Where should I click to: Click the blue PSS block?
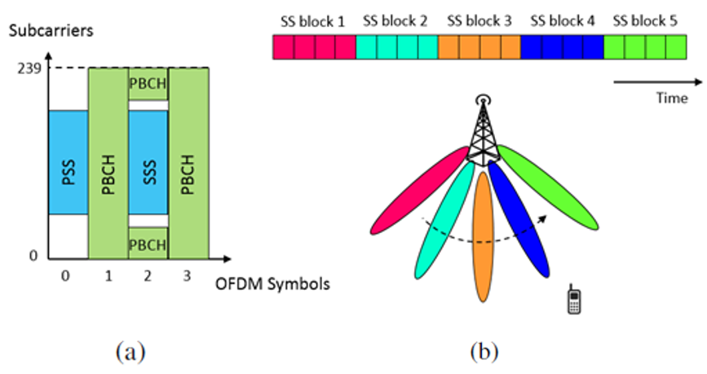(x=68, y=162)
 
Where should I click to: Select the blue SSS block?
(x=148, y=162)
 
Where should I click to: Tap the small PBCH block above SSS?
(x=148, y=85)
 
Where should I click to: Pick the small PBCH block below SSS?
(x=148, y=242)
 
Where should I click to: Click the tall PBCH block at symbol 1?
(x=108, y=162)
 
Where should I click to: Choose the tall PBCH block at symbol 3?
(x=188, y=162)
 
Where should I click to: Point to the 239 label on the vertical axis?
(x=29, y=68)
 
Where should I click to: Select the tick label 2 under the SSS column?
(x=148, y=275)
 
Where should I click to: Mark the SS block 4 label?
(x=563, y=22)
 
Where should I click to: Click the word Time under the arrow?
(x=666, y=97)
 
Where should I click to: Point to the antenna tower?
(x=484, y=130)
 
